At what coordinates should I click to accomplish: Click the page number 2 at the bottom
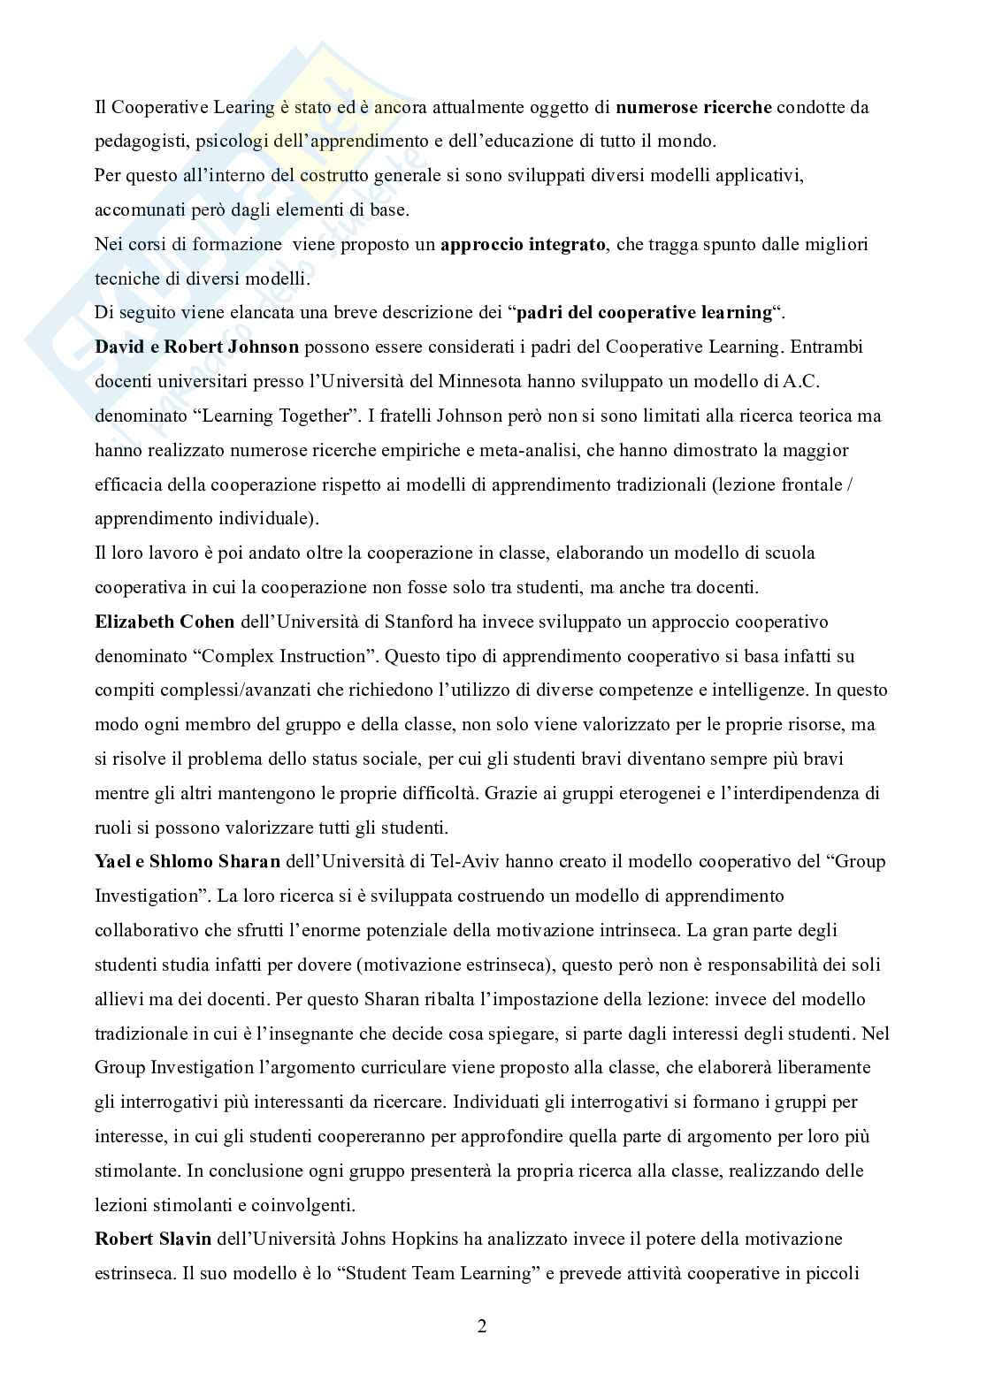pyautogui.click(x=482, y=1326)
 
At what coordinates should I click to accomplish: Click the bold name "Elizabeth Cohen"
pyautogui.click(x=164, y=622)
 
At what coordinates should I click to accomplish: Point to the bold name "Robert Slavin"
pyautogui.click(x=153, y=1239)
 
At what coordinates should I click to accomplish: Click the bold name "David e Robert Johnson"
pyautogui.click(x=197, y=347)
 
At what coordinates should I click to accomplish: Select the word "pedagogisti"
pyautogui.click(x=137, y=141)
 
